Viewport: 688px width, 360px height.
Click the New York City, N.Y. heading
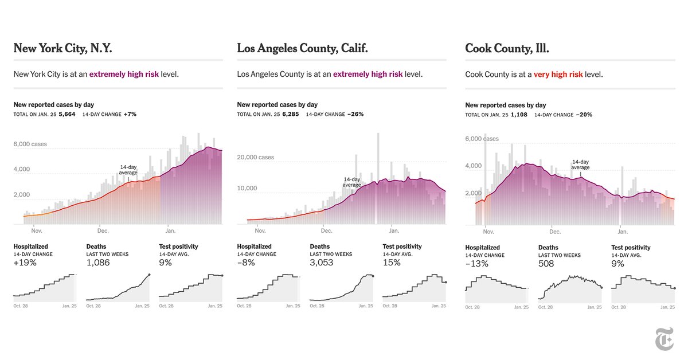pos(62,49)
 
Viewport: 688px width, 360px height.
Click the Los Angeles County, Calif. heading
pos(302,49)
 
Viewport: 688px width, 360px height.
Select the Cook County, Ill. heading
pos(507,49)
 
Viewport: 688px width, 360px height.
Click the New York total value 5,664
pos(67,115)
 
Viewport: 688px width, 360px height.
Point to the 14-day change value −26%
pos(355,115)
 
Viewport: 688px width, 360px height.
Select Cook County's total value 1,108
pos(518,115)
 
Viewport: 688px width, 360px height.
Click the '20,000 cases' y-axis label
pos(256,157)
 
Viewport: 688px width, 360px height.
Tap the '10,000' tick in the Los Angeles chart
pos(247,188)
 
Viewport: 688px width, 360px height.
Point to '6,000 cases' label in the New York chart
pos(30,144)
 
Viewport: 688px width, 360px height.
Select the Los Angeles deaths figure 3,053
pos(321,263)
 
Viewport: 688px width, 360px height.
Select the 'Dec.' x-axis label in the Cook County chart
pos(554,233)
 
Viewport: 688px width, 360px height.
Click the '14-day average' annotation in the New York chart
pos(128,170)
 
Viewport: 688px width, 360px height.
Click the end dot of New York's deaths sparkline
pos(149,275)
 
